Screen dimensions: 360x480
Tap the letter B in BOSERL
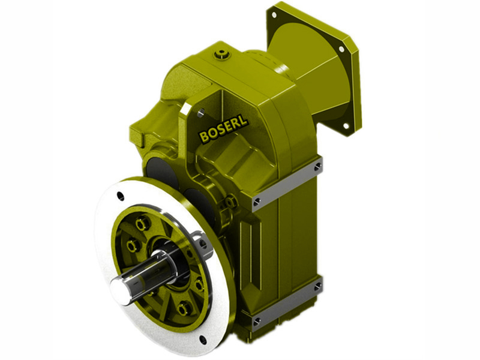click(203, 138)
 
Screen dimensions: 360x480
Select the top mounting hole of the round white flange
click(120, 195)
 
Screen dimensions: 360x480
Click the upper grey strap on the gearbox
click(288, 183)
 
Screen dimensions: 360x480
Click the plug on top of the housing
click(223, 55)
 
